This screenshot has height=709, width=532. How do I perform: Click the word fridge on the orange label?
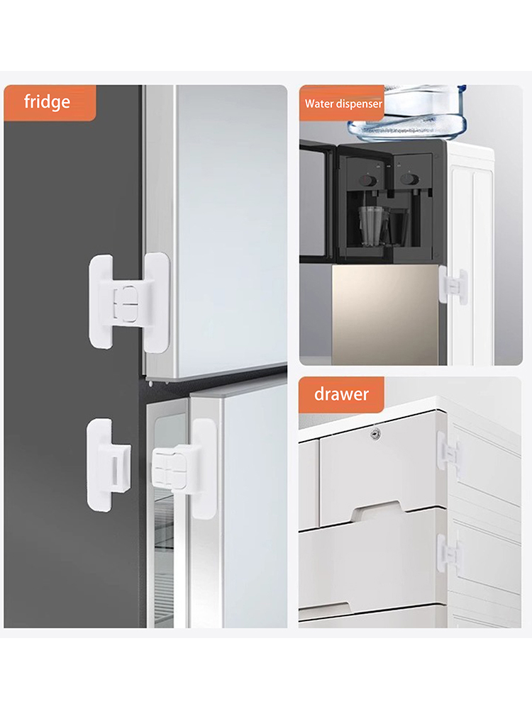click(x=47, y=102)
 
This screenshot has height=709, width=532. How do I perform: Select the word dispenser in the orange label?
click(x=359, y=104)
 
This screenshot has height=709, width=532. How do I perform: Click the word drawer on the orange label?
click(x=341, y=394)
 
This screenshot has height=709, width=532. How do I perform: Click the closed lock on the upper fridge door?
click(x=129, y=302)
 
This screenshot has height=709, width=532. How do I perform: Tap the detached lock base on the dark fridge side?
click(x=109, y=465)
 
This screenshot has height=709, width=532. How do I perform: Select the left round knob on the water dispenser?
click(x=368, y=181)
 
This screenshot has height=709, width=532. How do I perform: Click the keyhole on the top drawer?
click(x=375, y=435)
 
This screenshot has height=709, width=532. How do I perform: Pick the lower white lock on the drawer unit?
click(x=450, y=554)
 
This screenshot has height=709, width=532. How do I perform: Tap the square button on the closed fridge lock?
click(x=125, y=303)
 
